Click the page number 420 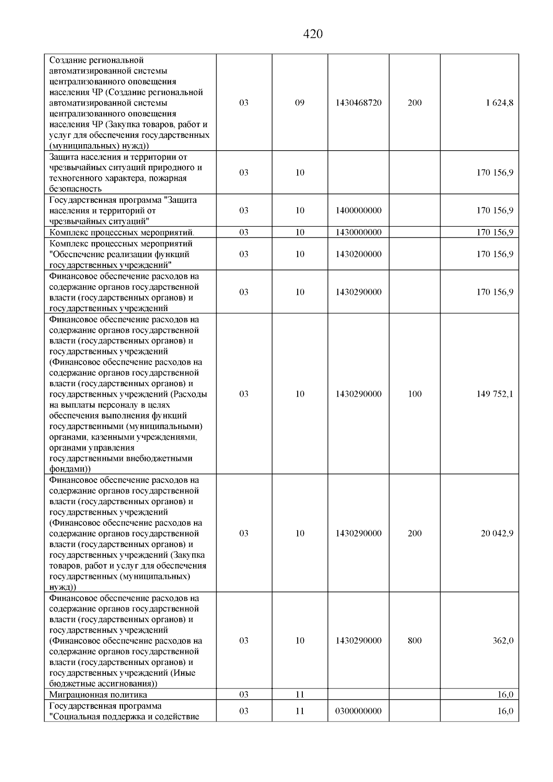coord(313,35)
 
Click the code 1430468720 coord(359,103)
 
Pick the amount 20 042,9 coord(496,533)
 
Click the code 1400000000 coord(359,211)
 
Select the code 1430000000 coord(359,232)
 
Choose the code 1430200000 coord(359,254)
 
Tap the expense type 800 coord(415,641)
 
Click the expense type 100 coord(415,394)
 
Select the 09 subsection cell coord(300,103)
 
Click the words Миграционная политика coord(98,694)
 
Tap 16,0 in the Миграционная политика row coord(505,694)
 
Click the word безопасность coord(76,189)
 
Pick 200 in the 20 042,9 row coord(415,533)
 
